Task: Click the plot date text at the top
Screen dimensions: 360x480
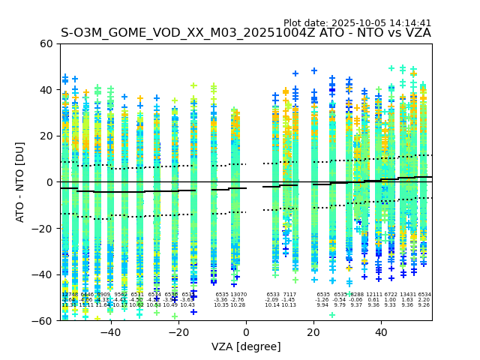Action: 357,23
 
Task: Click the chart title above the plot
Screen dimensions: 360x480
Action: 246,33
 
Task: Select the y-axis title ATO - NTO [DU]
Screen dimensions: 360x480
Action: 20,181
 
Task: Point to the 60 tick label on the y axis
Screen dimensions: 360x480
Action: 45,43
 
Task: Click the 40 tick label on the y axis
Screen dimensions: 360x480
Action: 45,90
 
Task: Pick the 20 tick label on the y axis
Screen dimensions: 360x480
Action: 45,136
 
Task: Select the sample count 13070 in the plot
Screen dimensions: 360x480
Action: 238,295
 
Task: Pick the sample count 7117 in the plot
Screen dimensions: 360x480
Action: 289,295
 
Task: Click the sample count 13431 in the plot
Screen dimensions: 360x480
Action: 407,295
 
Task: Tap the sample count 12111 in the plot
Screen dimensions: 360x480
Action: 373,295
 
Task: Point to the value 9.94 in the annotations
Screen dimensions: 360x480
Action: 322,305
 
